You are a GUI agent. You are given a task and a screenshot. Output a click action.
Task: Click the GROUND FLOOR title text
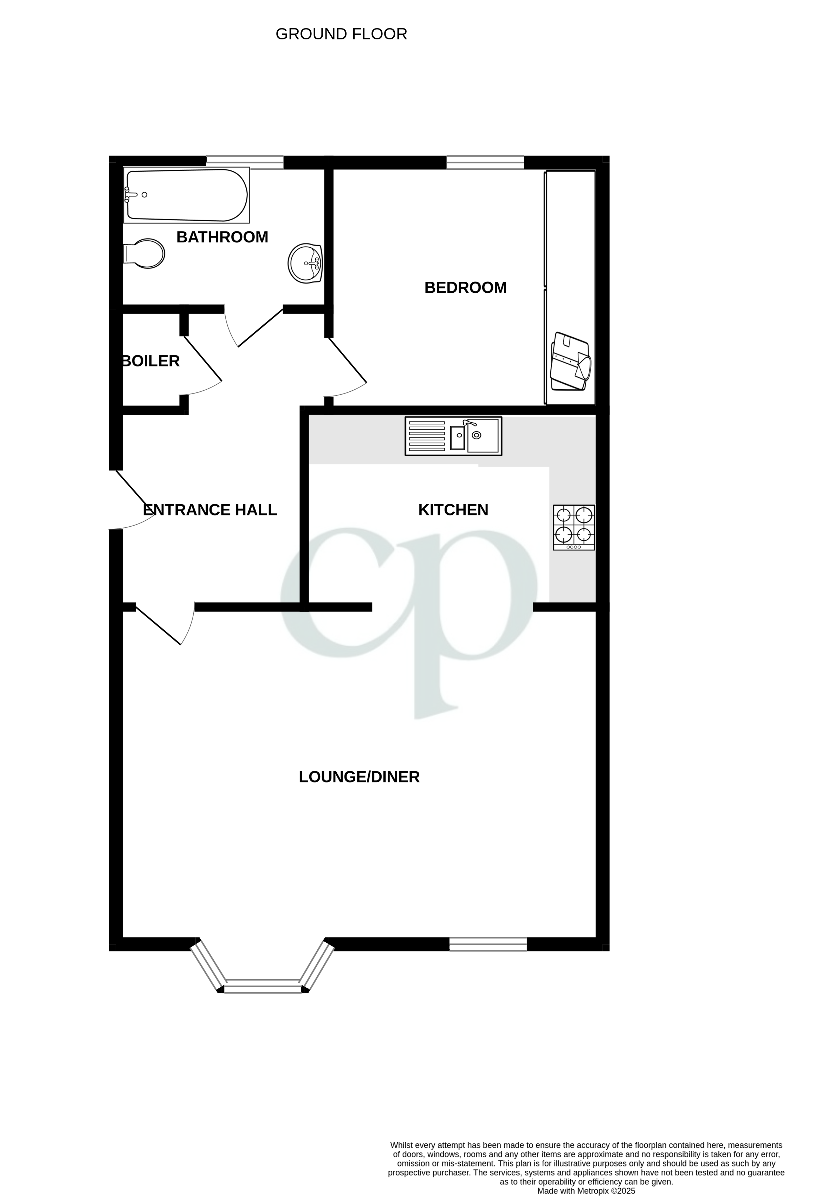(x=341, y=34)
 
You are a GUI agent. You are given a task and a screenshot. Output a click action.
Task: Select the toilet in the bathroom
(x=145, y=253)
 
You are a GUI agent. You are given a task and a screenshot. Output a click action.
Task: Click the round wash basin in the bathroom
(x=305, y=263)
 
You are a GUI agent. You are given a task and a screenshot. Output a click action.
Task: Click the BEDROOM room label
(x=465, y=288)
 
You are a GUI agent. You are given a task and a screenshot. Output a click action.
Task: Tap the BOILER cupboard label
(x=151, y=361)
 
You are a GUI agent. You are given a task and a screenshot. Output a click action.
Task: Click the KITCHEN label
(x=453, y=510)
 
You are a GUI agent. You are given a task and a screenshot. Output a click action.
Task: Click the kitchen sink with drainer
(x=453, y=436)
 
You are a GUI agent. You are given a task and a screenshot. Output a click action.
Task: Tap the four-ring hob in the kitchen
(x=574, y=527)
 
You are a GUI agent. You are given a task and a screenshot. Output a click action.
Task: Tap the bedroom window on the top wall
(x=485, y=163)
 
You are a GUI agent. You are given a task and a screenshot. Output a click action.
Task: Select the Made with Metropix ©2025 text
(x=586, y=1190)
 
